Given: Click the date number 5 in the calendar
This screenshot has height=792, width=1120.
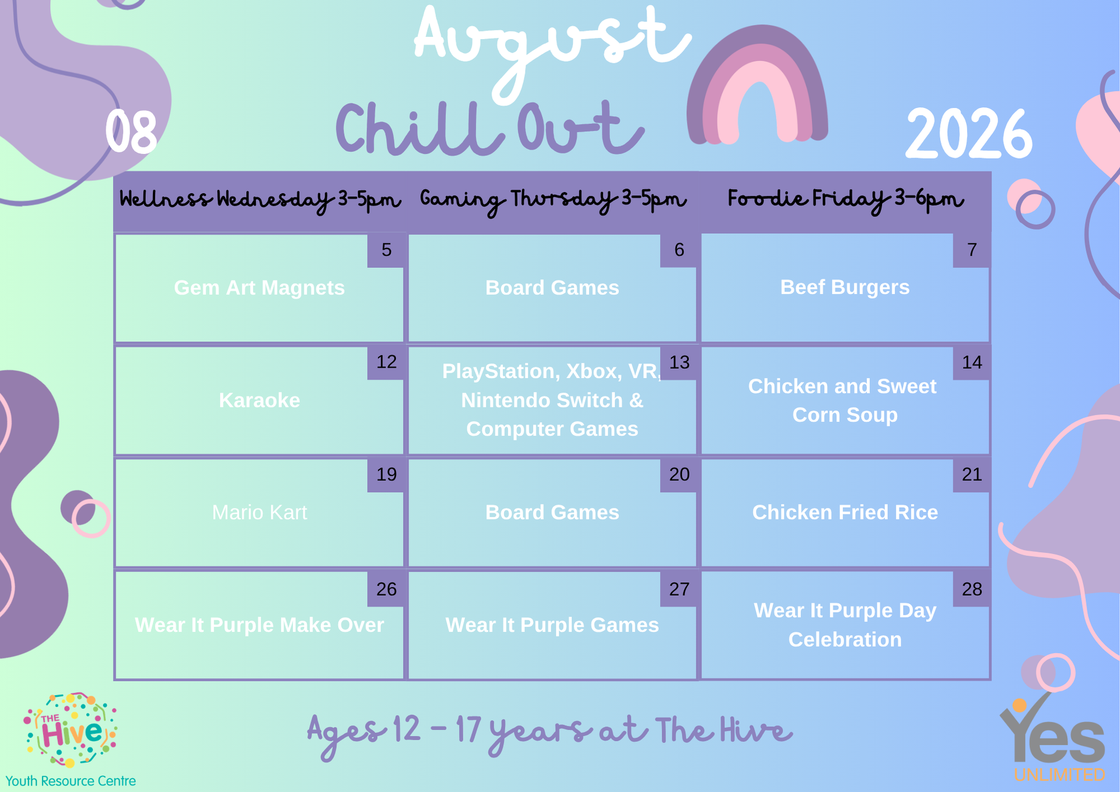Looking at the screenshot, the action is coord(386,250).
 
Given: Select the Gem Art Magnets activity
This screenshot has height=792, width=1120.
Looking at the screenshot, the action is coord(259,288).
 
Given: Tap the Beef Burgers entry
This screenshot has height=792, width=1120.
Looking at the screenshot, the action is coord(845,287).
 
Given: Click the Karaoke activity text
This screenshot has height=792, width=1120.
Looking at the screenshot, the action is coord(259,400).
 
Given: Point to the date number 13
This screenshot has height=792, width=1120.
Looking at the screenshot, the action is coord(679,362).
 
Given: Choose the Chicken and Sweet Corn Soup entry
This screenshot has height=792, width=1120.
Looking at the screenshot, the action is coord(843,400).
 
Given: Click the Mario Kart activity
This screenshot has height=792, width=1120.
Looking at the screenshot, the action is coord(259,512).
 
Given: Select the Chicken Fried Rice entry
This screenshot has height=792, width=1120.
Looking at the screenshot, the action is coord(845,512).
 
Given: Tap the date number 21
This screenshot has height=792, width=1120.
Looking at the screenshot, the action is coord(972,474).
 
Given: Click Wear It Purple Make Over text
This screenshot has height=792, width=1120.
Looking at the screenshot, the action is coord(259,625).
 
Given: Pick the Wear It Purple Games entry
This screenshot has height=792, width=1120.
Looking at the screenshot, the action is coord(552,625).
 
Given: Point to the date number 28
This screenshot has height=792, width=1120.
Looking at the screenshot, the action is coord(972,589).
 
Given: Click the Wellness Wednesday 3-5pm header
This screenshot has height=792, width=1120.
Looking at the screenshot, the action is coord(260,200).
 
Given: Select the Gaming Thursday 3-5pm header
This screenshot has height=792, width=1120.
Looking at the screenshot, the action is coord(552,200).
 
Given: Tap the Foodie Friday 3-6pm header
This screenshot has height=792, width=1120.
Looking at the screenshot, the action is coord(845,200).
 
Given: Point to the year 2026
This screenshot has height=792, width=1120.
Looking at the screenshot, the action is coord(968,134).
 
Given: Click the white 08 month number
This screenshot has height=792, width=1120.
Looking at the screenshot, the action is coord(131,132).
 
